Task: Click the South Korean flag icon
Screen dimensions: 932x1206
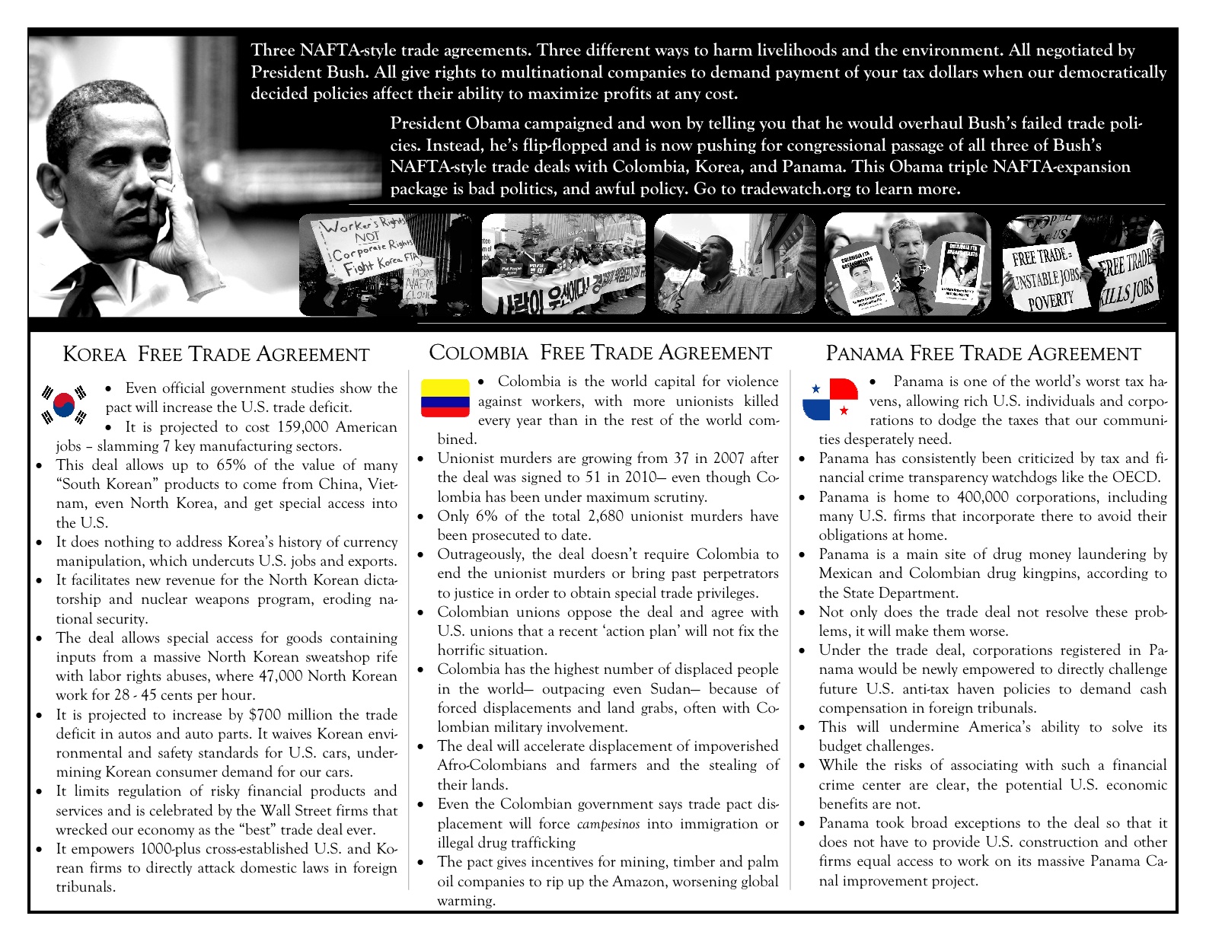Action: pyautogui.click(x=64, y=404)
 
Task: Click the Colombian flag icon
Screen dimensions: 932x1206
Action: pyautogui.click(x=445, y=397)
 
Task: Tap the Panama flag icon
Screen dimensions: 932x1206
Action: pyautogui.click(x=830, y=399)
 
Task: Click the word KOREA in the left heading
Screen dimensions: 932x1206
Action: pyautogui.click(x=94, y=355)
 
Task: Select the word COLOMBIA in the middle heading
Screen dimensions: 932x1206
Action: pyautogui.click(x=479, y=353)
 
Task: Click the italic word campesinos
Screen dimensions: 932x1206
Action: pyautogui.click(x=608, y=824)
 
